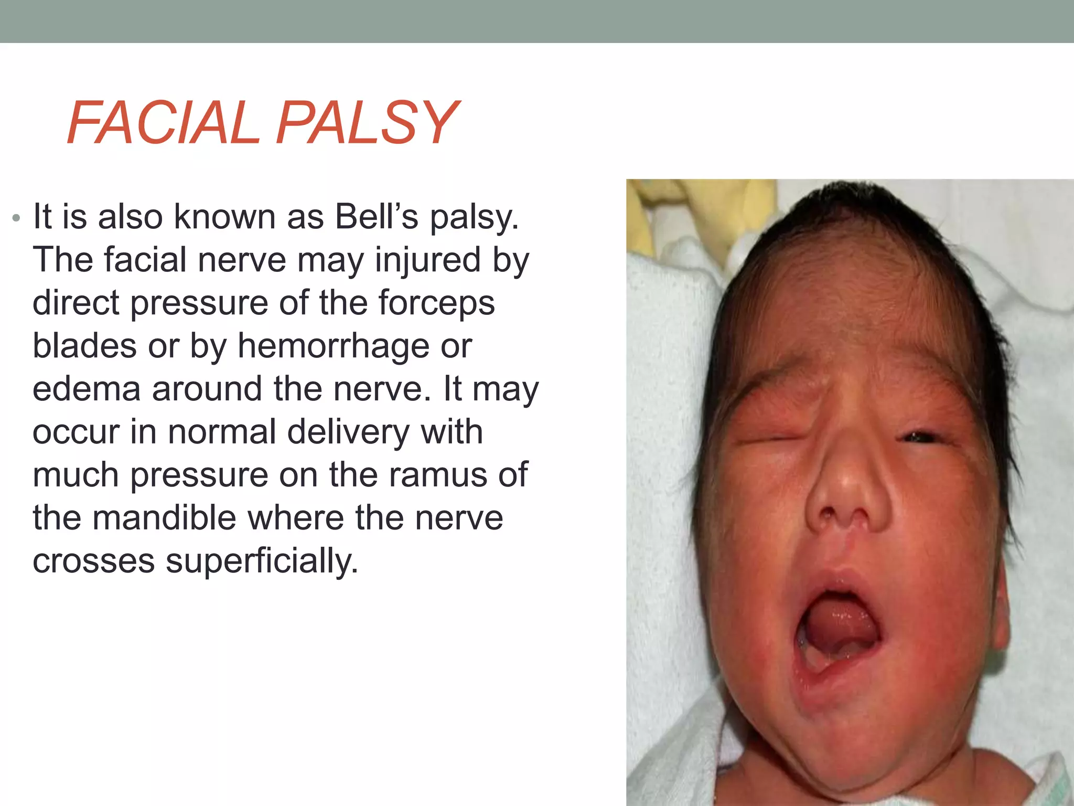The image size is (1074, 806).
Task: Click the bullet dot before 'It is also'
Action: [16, 217]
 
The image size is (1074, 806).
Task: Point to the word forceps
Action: [436, 303]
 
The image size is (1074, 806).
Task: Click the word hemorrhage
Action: [334, 346]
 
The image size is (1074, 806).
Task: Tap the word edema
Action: [87, 389]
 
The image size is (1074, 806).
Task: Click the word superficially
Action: [262, 561]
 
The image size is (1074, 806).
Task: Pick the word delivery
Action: [348, 432]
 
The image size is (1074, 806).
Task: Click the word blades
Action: [84, 346]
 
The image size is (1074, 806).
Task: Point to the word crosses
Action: [93, 561]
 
